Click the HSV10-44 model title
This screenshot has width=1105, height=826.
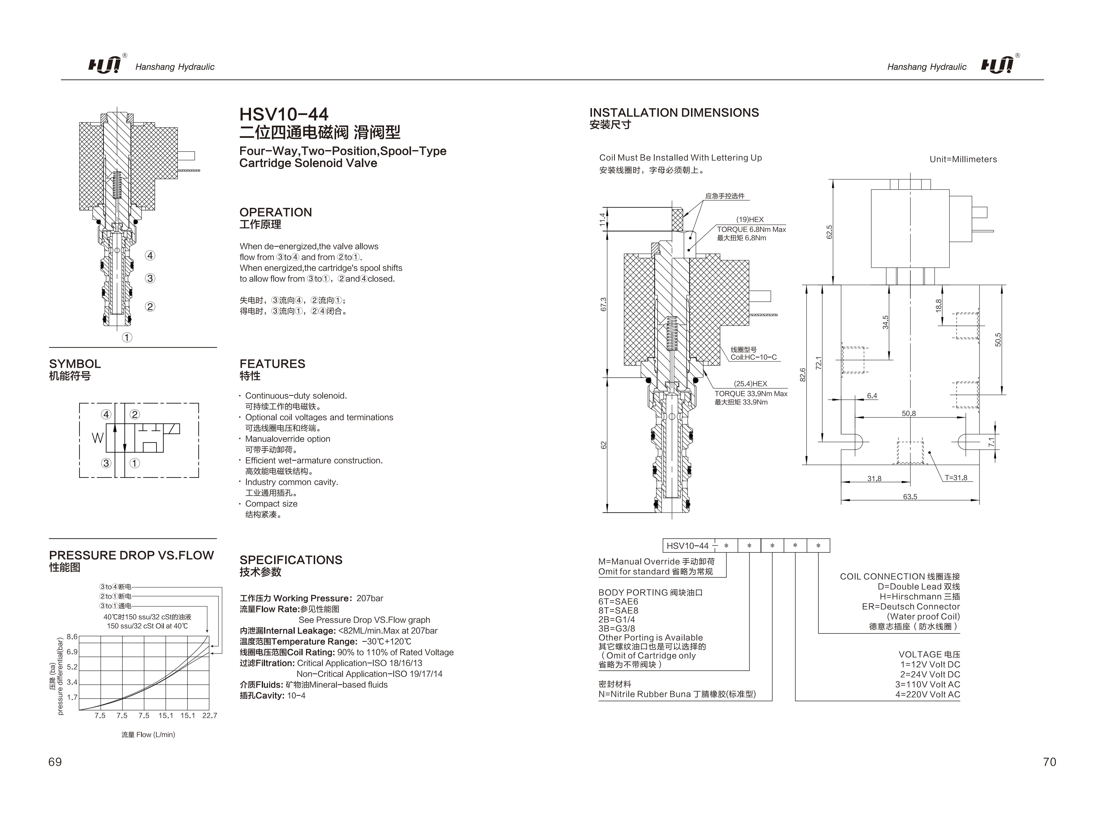284,114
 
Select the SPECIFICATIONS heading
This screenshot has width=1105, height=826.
291,560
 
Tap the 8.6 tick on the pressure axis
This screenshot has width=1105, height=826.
72,637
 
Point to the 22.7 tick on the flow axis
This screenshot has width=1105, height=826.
209,716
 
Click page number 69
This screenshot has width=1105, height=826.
55,762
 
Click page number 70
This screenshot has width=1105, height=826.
1049,762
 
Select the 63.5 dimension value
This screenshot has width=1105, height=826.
910,497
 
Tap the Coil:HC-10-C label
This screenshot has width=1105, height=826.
753,357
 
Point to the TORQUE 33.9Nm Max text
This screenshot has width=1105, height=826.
751,394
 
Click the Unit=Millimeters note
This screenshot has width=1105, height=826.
963,159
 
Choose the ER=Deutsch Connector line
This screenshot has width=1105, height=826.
911,606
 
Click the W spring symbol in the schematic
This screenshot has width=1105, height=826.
97,438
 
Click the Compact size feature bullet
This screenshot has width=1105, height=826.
271,504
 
